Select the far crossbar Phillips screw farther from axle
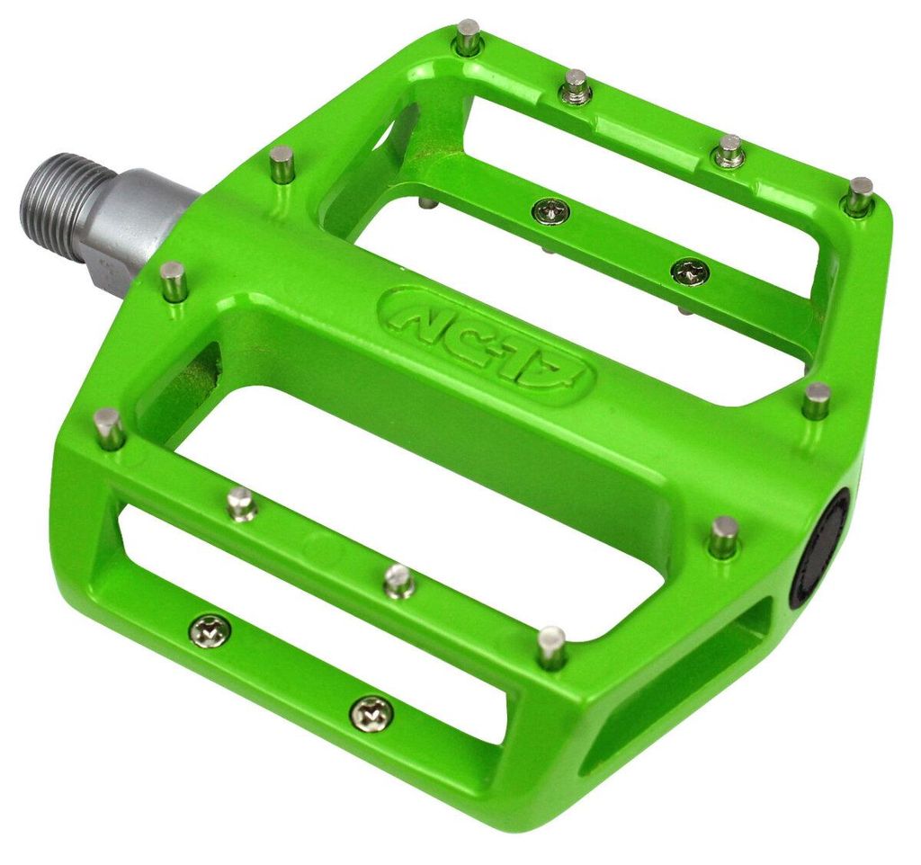[x=690, y=271]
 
